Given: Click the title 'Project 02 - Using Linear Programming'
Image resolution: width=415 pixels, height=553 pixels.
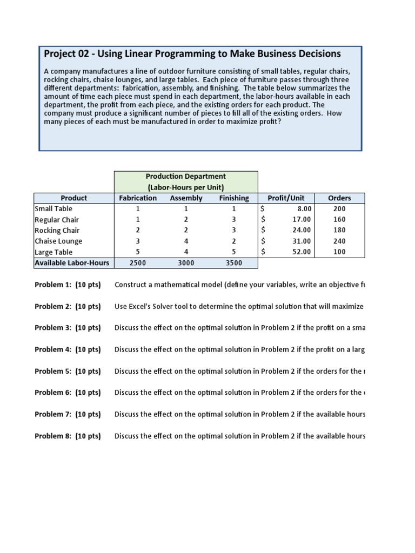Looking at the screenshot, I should (192, 53).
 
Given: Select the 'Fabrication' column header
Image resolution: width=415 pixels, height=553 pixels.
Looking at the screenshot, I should (138, 198).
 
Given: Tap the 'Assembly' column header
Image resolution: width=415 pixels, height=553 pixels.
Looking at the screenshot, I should (186, 198).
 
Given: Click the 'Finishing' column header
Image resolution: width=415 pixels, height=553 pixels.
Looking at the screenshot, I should (234, 198).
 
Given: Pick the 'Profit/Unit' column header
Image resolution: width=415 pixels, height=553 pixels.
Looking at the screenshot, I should (286, 198).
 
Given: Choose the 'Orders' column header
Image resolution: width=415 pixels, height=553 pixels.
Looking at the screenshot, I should (339, 198).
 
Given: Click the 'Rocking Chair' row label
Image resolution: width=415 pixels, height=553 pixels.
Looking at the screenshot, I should (57, 231).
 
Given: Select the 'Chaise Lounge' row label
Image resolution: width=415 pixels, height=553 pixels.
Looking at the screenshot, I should (58, 241).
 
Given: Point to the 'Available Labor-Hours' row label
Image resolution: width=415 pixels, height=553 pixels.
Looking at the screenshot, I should (72, 263).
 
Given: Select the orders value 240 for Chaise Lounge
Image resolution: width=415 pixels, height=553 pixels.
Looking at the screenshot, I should (339, 241).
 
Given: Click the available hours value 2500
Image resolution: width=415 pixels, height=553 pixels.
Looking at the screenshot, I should (138, 263).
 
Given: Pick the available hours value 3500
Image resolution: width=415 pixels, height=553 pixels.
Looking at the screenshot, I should (234, 263).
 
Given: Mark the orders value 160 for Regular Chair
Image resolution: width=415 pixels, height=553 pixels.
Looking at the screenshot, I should (339, 220).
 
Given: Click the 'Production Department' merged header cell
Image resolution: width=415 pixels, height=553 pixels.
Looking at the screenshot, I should (186, 181).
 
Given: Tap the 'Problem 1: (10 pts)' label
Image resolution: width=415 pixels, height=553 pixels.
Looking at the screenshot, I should (68, 285).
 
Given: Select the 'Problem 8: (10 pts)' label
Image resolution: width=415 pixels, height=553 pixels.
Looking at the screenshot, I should (68, 436).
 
